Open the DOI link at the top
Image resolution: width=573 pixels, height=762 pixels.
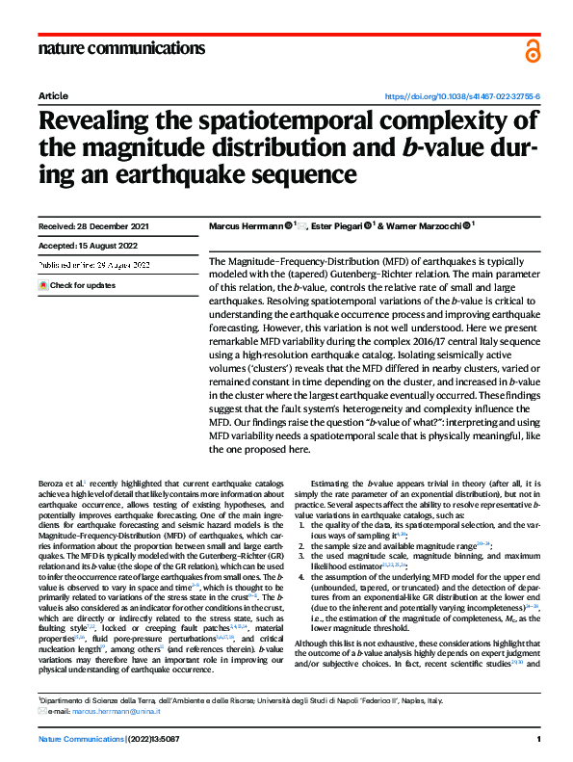[x=462, y=97]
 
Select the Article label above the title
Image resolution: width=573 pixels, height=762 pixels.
[x=53, y=97]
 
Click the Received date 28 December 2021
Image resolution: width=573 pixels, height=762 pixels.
[x=94, y=227]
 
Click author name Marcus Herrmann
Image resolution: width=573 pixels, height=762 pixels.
[x=251, y=228]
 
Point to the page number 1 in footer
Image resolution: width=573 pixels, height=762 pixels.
[x=538, y=739]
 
